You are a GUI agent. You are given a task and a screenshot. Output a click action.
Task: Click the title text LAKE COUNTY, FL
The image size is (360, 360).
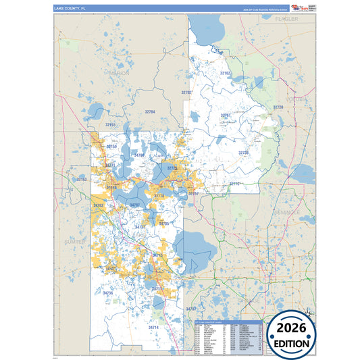(x=69, y=9)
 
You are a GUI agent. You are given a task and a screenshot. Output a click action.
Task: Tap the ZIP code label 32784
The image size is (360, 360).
(x=149, y=111)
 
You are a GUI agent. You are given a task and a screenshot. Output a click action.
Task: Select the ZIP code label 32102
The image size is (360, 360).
(x=226, y=72)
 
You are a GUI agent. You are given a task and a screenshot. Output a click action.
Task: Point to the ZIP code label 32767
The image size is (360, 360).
(x=226, y=115)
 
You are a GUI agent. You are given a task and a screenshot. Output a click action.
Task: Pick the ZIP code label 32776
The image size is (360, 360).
(x=235, y=184)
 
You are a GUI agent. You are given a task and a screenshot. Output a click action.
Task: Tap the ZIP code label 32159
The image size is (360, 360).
(x=111, y=147)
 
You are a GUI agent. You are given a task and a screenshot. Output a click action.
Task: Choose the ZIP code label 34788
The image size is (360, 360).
(x=139, y=155)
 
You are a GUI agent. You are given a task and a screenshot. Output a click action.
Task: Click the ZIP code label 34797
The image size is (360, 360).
(x=134, y=205)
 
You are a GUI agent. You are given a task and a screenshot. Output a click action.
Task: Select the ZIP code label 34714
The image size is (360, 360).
(x=153, y=327)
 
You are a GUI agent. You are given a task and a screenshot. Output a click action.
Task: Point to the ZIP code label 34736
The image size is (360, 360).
(x=107, y=292)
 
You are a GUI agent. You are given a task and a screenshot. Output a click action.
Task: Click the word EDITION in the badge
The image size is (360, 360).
(x=292, y=343)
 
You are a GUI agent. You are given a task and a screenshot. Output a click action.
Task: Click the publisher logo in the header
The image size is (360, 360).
(x=299, y=8)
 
